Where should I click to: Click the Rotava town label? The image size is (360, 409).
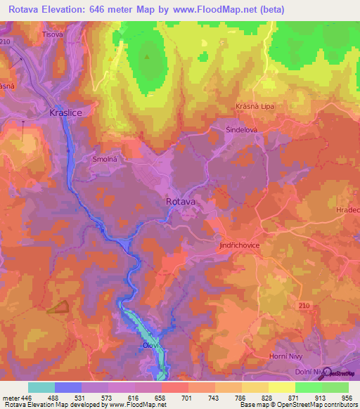click(x=181, y=201)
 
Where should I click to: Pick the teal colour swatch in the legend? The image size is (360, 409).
click(x=41, y=387)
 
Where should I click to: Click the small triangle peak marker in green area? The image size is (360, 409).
click(x=147, y=56)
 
